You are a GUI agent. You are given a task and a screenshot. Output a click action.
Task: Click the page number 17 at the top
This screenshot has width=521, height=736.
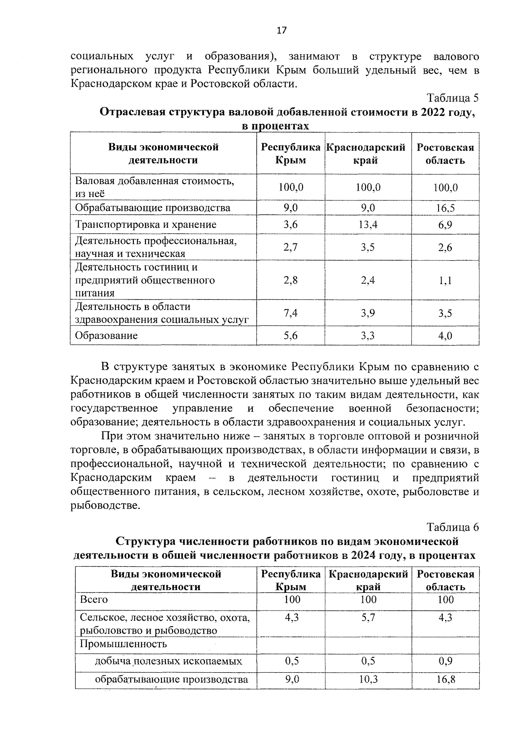[281, 30]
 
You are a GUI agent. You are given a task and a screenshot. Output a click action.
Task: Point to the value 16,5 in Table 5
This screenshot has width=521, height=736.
[445, 208]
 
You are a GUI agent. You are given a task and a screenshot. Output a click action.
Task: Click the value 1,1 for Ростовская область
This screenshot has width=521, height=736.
[445, 280]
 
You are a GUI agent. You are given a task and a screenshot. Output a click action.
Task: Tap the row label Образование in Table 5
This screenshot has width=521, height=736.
[106, 335]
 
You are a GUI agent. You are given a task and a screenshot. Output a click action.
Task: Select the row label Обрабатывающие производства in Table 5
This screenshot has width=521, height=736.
[153, 208]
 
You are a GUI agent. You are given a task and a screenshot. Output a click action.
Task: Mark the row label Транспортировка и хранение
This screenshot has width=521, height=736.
[146, 224]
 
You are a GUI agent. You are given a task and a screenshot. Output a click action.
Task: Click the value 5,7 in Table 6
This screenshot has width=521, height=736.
[368, 617]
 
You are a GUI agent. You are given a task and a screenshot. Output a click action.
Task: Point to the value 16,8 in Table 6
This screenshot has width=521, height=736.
[445, 679]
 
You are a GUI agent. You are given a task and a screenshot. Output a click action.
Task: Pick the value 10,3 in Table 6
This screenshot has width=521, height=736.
[368, 679]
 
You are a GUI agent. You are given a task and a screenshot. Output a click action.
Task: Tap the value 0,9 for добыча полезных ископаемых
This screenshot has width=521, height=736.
[445, 661]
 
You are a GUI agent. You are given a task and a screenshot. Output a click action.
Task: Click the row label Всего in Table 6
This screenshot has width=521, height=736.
[94, 599]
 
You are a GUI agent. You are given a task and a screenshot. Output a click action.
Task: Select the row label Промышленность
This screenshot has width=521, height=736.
[123, 644]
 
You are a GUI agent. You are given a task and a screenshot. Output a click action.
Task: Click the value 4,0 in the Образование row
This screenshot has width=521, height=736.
[445, 335]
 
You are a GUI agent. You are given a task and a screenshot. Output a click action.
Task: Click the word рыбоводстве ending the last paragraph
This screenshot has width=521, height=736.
[106, 505]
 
